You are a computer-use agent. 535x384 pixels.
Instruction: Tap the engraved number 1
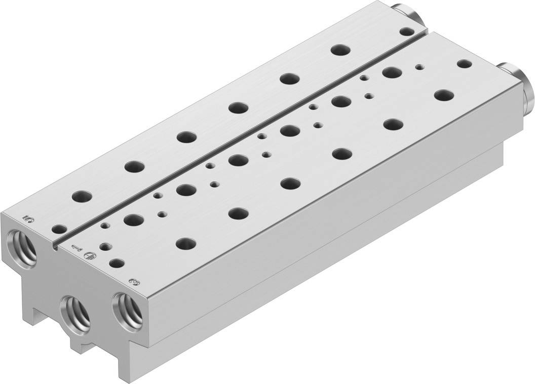point(76,248)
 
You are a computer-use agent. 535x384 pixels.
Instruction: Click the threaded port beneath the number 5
point(23,246)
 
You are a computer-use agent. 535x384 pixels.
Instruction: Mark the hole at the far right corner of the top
point(463,64)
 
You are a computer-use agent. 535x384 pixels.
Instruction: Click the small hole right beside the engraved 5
point(60,229)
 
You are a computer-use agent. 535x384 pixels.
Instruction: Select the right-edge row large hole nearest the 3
point(186,243)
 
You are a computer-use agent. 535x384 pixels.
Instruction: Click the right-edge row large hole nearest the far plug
point(444,95)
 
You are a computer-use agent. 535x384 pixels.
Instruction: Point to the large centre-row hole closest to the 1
point(132,220)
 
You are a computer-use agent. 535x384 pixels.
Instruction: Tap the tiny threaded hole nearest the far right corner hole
point(419,66)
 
